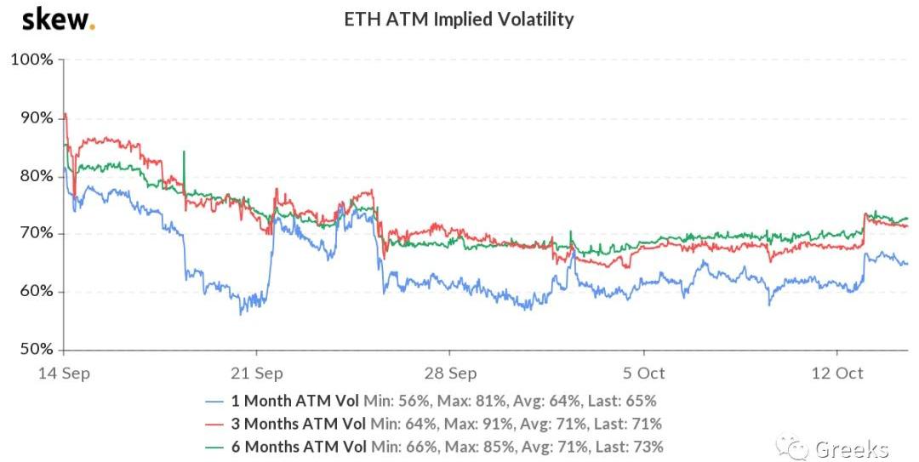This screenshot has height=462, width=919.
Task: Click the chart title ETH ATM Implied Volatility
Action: (x=459, y=19)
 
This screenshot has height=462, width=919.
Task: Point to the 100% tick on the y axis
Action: (x=31, y=60)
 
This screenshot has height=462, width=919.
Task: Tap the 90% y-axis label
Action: (x=35, y=118)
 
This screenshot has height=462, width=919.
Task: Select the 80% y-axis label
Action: (x=35, y=176)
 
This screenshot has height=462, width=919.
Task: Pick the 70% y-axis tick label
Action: (x=35, y=234)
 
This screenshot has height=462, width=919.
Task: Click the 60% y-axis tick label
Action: (x=35, y=292)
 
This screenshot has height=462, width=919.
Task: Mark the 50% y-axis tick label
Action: (x=35, y=350)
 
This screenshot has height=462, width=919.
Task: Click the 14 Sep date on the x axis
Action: (x=66, y=374)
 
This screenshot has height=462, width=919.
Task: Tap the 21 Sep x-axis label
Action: (x=257, y=374)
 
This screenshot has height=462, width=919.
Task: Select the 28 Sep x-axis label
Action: (x=450, y=374)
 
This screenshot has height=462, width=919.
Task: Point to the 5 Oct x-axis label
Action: (x=644, y=374)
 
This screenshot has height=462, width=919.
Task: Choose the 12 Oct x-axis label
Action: (x=838, y=374)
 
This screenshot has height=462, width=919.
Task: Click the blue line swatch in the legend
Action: (x=214, y=401)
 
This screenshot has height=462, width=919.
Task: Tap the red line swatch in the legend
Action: (x=214, y=423)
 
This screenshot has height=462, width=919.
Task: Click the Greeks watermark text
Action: (x=851, y=448)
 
